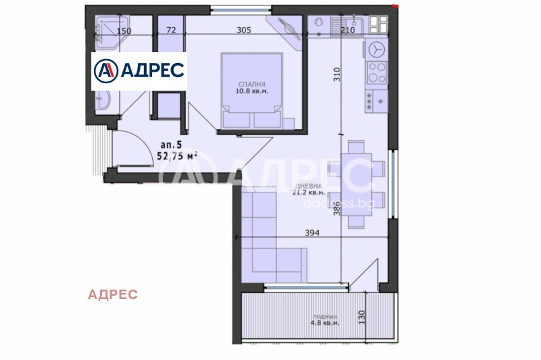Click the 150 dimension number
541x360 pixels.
point(123,31)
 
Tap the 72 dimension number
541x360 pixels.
point(170,30)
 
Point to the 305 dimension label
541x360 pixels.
point(244,30)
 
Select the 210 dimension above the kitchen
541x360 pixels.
point(347,30)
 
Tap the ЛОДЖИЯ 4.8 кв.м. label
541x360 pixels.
point(325,319)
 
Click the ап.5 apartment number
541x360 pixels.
point(171,144)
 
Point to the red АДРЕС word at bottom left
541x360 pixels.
point(113,294)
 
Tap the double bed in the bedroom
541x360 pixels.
point(251,91)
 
